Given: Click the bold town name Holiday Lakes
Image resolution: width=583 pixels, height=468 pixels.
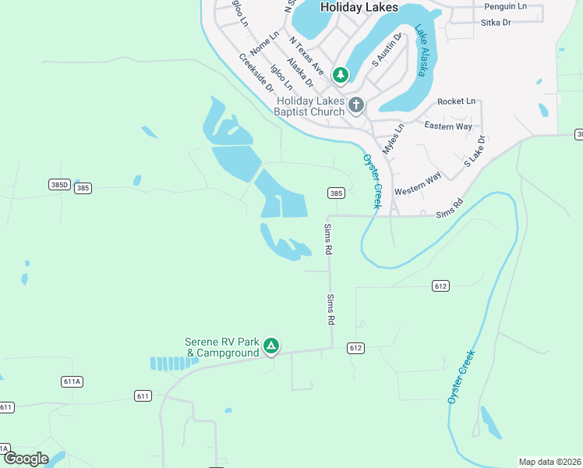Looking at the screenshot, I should click(359, 7).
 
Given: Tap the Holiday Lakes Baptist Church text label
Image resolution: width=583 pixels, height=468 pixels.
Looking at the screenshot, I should click(310, 106).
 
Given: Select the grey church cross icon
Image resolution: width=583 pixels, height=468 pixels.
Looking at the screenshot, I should click(356, 105).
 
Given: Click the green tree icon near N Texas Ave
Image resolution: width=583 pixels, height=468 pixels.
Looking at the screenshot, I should click(341, 75).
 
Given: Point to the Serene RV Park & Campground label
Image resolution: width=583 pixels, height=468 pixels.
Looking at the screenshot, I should click(221, 347).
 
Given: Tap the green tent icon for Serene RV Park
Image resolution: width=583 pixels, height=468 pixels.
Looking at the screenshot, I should click(270, 346).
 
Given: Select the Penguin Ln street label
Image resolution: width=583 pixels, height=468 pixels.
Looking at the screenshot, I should click(504, 6).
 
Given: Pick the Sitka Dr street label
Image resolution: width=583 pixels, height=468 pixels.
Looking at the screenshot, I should click(495, 23).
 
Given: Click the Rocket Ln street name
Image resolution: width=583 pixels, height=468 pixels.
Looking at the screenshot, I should click(456, 101).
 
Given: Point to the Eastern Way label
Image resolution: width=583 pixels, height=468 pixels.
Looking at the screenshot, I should click(448, 126).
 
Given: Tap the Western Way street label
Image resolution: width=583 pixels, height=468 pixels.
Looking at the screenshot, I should click(418, 183).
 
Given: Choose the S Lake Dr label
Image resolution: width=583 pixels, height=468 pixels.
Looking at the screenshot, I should click(475, 151).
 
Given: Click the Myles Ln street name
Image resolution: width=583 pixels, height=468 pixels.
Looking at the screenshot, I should click(394, 138).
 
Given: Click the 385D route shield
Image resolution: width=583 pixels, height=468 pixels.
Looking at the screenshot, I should click(59, 185).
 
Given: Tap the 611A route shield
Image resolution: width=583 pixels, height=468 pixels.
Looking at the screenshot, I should click(72, 381).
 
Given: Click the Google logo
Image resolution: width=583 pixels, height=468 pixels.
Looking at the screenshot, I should click(25, 458).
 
